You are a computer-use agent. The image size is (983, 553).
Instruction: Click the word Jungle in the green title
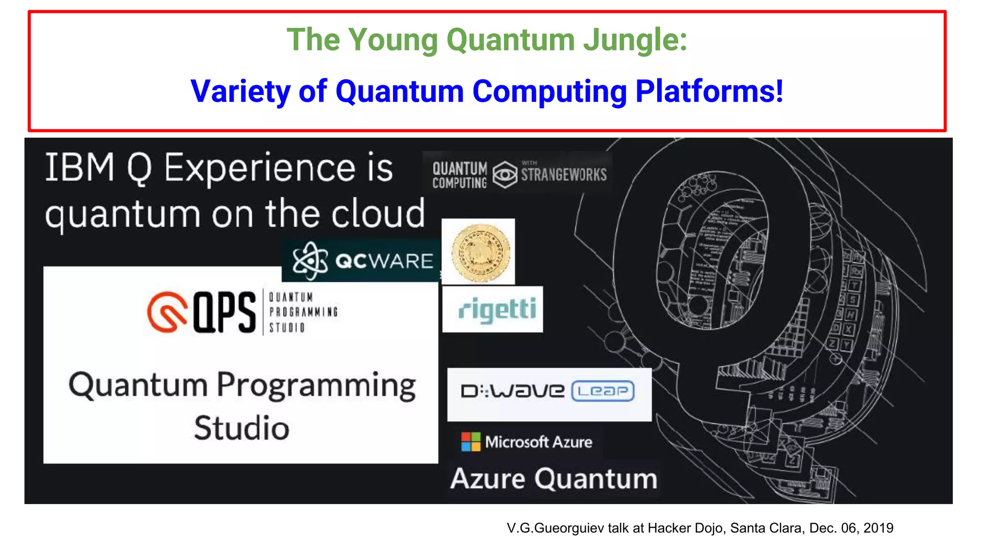click(x=635, y=40)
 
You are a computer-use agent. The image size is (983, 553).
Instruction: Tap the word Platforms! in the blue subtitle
click(x=709, y=91)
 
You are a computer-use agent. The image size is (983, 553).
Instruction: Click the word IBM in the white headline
click(x=80, y=168)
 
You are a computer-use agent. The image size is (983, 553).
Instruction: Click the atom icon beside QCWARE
click(x=310, y=261)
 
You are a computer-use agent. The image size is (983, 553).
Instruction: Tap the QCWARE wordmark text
click(x=384, y=261)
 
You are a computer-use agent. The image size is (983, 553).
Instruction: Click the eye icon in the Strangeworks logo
click(x=504, y=175)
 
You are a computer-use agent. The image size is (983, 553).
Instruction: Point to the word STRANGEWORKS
click(x=564, y=175)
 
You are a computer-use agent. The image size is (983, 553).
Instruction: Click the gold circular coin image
click(x=480, y=252)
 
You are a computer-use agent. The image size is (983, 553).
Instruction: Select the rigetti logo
click(x=496, y=309)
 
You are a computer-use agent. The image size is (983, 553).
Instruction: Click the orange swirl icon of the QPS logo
click(x=167, y=312)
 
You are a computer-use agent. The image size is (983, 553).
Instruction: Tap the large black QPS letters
click(x=225, y=312)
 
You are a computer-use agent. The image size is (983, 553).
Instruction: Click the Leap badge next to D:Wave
click(x=603, y=391)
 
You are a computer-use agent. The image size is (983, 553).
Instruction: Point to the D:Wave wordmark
click(x=513, y=391)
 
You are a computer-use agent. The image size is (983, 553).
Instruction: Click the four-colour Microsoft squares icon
click(x=470, y=442)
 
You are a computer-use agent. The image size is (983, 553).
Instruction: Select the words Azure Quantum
click(x=554, y=479)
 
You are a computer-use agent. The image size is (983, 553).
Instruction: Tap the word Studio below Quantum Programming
click(x=241, y=428)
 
